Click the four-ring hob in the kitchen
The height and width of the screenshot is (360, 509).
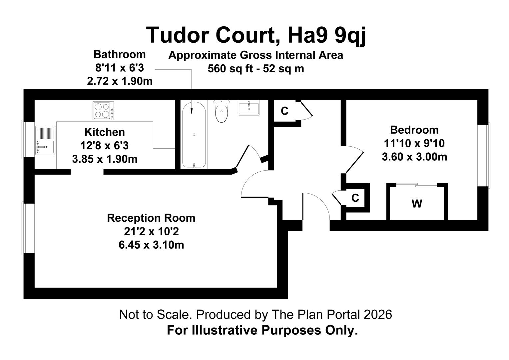point(103,111)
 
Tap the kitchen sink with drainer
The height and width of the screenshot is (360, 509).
point(45,140)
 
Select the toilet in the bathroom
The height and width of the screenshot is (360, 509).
point(222,111)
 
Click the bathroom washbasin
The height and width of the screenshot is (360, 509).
point(249,109)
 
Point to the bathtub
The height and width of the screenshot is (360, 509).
point(194,135)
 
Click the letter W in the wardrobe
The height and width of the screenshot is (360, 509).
point(417,203)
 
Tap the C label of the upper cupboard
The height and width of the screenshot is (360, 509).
point(284,111)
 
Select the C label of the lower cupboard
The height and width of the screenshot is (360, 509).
point(355,198)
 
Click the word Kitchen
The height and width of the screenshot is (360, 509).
point(105,132)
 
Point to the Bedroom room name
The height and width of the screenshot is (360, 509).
point(414,130)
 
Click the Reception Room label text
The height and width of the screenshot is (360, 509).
point(151,218)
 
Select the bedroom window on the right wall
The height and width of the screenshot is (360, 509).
point(484,155)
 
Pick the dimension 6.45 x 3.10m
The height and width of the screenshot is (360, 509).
point(151,245)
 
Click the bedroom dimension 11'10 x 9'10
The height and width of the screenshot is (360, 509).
point(414,143)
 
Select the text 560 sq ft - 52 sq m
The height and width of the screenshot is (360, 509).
point(255,69)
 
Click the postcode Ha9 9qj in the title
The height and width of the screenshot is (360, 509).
point(327,35)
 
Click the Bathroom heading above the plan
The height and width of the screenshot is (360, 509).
point(119,54)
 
